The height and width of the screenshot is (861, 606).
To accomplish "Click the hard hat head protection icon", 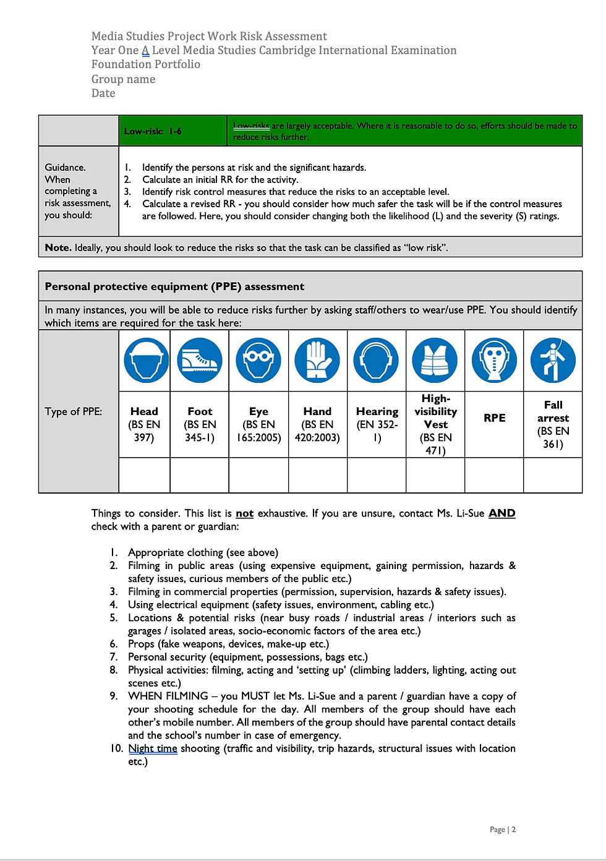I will pos(146,360).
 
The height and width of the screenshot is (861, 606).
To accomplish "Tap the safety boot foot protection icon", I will pos(200,360).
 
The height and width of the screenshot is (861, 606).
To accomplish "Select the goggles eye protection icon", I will pos(258,360).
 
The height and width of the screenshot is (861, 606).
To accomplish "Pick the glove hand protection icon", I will pos(317,360).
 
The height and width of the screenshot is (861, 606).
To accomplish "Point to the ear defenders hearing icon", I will pos(376,360).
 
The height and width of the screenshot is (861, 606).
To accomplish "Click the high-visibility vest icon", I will pos(435,360).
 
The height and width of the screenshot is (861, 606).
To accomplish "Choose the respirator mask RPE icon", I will pos(494,360).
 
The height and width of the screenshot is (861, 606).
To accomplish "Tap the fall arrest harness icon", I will pos(553,360).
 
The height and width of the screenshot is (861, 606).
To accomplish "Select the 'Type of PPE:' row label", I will pos(74,411).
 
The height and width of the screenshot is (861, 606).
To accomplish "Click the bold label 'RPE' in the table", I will pos(495,418).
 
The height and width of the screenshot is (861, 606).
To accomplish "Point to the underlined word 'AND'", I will pos(501,513).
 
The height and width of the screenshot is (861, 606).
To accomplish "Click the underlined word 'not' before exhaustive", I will pos(244,513).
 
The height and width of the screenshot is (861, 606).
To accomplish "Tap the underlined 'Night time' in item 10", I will pos(153,748).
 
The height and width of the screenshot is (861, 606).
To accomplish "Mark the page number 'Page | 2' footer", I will pos(502,829).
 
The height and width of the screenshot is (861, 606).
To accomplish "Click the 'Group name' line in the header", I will pos(124,79).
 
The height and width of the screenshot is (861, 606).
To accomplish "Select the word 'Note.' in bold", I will pos(58,247).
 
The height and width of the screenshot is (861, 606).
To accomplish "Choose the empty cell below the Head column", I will pos(145,475).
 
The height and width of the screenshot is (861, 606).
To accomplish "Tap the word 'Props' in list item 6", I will pos(141,644).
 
